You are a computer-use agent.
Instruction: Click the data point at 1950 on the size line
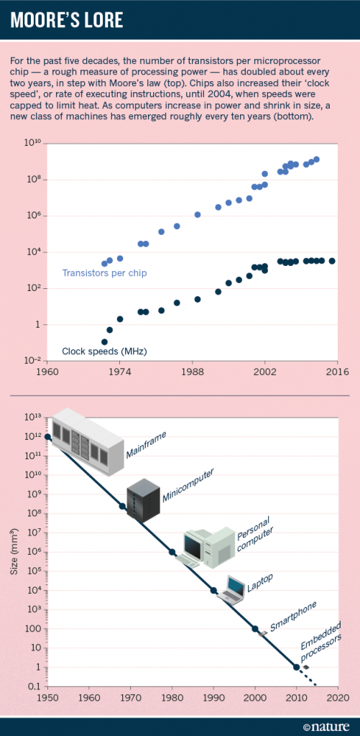click(47, 437)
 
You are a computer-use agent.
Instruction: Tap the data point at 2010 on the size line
click(297, 667)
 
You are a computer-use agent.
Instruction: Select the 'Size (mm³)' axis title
click(15, 553)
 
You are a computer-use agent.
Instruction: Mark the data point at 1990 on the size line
click(213, 590)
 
